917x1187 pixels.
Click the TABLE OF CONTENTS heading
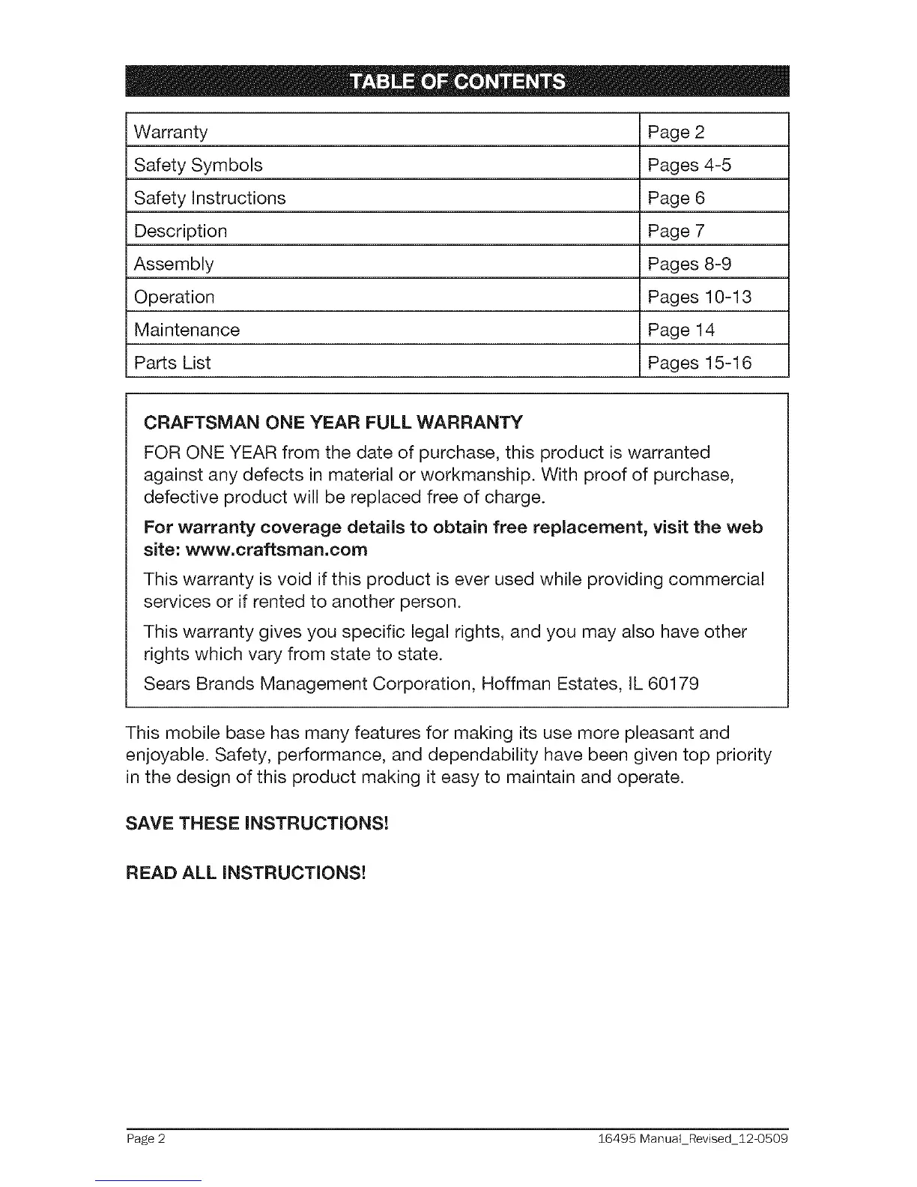(x=458, y=82)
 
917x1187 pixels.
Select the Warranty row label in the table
(x=171, y=133)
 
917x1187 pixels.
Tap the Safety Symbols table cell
(x=198, y=165)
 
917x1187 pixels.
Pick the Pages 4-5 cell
(x=689, y=165)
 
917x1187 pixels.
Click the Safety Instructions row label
(x=210, y=198)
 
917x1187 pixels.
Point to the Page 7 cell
(x=677, y=231)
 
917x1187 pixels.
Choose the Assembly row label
(x=174, y=264)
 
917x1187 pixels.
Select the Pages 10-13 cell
(x=700, y=297)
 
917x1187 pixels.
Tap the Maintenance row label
(x=187, y=330)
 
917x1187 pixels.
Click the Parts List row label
(x=172, y=363)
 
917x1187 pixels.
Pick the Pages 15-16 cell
(x=700, y=363)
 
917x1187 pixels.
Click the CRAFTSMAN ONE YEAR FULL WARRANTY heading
(x=333, y=422)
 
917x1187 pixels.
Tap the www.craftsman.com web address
(x=276, y=550)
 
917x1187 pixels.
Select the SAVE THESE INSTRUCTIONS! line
(x=258, y=823)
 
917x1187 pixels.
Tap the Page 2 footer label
(x=145, y=1139)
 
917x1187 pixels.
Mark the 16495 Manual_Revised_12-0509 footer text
(x=693, y=1139)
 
